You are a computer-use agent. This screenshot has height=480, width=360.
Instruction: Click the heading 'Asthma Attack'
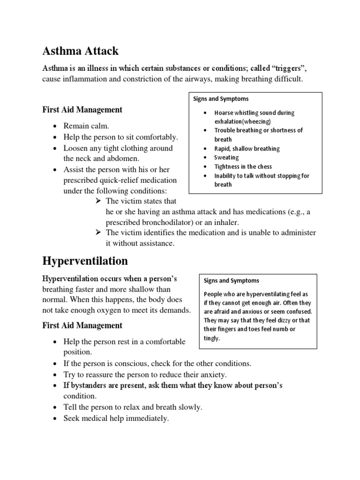[80, 51]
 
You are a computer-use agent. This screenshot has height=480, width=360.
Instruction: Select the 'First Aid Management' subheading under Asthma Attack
[82, 110]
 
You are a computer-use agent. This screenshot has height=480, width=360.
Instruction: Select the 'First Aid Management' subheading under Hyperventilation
[82, 325]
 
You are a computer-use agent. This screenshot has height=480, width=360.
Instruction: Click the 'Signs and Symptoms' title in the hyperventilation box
[231, 280]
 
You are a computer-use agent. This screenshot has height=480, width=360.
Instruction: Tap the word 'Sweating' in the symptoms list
[226, 157]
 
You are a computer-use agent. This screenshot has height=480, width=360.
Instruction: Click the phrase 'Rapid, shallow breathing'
[247, 149]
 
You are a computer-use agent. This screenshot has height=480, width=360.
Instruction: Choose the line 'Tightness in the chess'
[243, 166]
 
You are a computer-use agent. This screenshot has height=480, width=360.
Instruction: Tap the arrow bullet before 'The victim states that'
[98, 201]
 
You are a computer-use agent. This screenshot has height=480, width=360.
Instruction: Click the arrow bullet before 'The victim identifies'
[98, 233]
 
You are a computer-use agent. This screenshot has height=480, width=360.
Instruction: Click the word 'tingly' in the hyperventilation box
[211, 338]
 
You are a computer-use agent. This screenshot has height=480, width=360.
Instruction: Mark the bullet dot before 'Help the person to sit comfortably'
[56, 137]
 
